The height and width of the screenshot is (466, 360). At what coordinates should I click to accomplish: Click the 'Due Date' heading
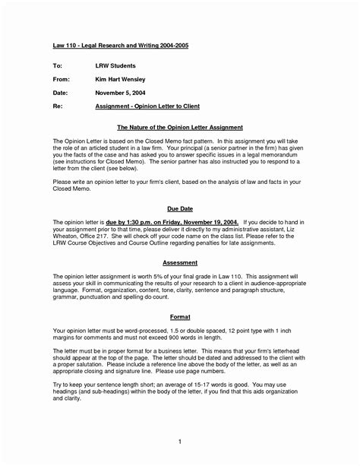[179, 207]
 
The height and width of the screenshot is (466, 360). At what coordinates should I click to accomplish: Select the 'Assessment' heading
[179, 261]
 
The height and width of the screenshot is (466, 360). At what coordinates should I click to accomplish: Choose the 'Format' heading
[179, 315]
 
